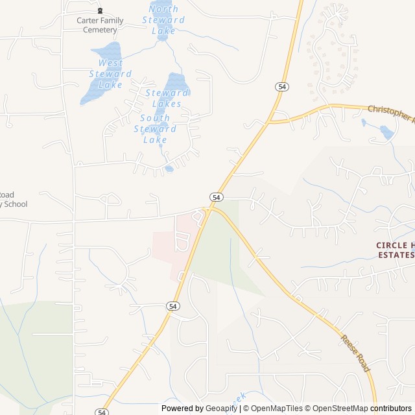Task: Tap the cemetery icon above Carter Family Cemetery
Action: pos(100,11)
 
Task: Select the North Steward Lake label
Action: pos(163,19)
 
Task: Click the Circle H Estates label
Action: pos(395,250)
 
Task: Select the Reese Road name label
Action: pos(355,353)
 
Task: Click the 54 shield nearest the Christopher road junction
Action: pos(281,86)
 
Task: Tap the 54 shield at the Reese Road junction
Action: pos(216,196)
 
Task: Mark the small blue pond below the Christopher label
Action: pos(386,132)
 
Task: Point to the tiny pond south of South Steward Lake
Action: pos(169,169)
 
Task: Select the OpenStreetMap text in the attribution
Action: pos(337,409)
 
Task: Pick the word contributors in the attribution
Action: pos(391,409)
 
